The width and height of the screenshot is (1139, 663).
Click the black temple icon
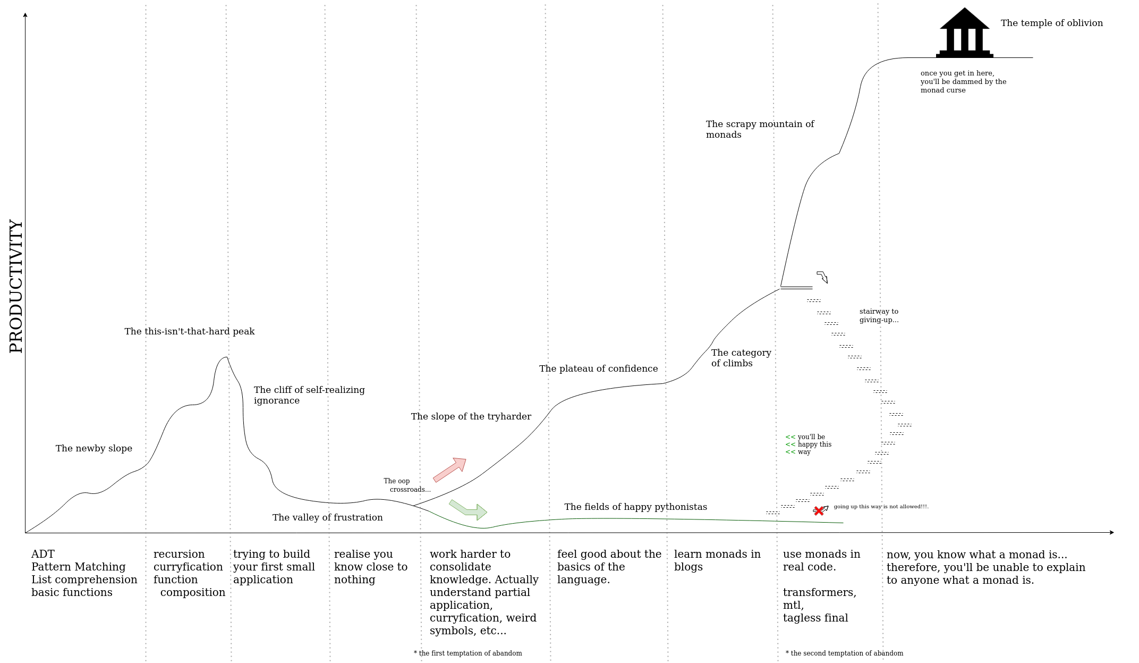tap(964, 33)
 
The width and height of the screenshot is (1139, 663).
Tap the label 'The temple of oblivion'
tap(1051, 23)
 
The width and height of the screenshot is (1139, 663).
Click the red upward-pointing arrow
tap(450, 469)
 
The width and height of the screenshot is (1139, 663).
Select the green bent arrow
tap(469, 509)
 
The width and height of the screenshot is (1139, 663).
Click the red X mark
tap(819, 511)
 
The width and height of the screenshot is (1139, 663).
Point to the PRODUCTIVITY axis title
tap(16, 286)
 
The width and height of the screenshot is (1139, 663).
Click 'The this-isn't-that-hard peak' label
tap(190, 331)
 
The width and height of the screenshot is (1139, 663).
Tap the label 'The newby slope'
tap(94, 448)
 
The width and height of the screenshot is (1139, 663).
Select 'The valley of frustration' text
tap(327, 517)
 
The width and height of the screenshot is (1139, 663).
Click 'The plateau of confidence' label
tap(598, 368)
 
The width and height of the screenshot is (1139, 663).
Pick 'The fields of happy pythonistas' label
tap(635, 507)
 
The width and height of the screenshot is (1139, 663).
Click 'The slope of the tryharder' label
tap(471, 416)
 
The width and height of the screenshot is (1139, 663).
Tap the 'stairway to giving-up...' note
tap(879, 315)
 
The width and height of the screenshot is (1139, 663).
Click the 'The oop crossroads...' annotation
tap(407, 485)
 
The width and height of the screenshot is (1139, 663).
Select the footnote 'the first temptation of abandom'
tap(468, 653)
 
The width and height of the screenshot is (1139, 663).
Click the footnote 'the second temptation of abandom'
tap(845, 653)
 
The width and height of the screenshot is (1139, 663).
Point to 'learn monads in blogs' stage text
tap(717, 560)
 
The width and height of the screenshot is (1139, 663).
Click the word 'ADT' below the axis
tap(43, 554)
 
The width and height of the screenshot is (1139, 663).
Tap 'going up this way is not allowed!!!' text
tap(881, 506)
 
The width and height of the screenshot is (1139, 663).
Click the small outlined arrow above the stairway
tap(822, 276)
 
